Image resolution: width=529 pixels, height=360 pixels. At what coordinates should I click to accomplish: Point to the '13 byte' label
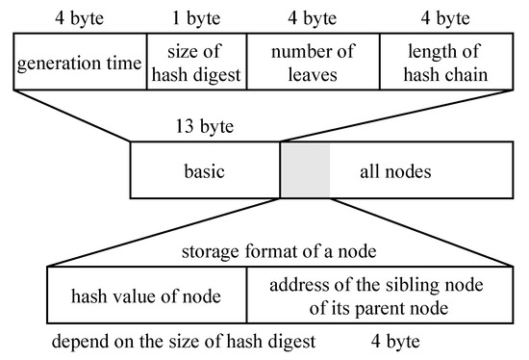[x=205, y=126]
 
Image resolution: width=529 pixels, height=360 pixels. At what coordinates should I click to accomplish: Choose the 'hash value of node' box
[x=146, y=296]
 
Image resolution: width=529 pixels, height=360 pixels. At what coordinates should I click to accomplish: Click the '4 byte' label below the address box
[x=394, y=341]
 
